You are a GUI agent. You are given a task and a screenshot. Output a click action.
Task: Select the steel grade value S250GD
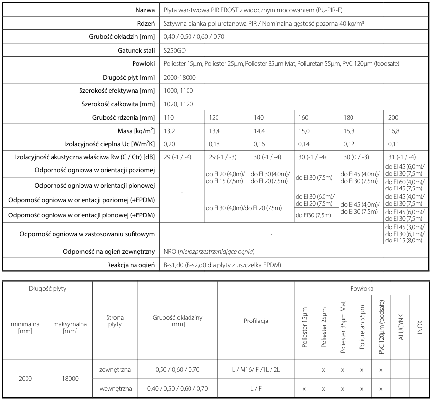click(x=174, y=51)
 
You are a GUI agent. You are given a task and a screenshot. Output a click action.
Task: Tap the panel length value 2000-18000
click(x=180, y=77)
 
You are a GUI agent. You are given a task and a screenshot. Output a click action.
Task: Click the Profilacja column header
click(x=256, y=322)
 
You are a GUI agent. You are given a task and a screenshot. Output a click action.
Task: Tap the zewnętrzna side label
click(x=115, y=369)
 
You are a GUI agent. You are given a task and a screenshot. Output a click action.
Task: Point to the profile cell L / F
click(x=256, y=388)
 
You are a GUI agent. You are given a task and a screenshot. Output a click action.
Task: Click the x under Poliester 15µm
click(x=304, y=389)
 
